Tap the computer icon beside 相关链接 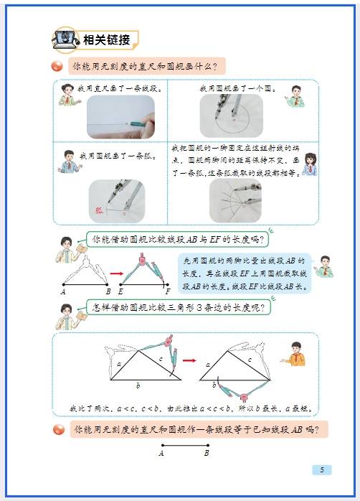coord(66,39)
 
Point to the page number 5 coord(322,470)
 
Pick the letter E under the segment coord(120,292)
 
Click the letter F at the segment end coord(167,292)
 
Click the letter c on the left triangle coord(161,358)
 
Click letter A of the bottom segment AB coord(161,454)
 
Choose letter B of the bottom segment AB coord(207,454)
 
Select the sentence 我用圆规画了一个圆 coord(233,88)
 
